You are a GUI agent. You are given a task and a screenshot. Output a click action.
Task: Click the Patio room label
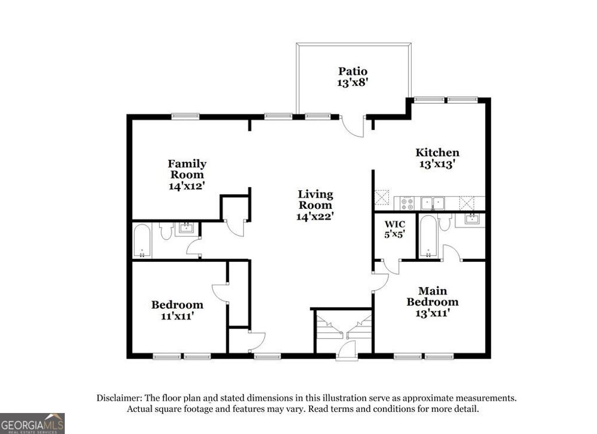[353, 71]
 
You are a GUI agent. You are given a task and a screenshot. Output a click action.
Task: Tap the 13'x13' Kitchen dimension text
[437, 164]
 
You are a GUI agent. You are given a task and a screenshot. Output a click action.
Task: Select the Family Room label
[187, 169]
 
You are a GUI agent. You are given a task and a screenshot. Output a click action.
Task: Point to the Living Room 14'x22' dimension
[315, 216]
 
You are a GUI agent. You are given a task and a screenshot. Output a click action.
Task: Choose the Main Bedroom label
[432, 296]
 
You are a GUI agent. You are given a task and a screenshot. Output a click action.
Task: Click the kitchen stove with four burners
[406, 203]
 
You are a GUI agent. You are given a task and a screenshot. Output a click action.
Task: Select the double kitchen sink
[432, 203]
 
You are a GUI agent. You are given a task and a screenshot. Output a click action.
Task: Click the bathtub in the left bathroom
[142, 240]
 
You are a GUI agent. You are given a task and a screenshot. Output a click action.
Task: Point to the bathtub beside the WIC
[427, 237]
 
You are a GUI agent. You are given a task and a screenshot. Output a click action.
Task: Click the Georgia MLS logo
[32, 423]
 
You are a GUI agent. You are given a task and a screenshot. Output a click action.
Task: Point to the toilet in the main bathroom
[445, 222]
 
